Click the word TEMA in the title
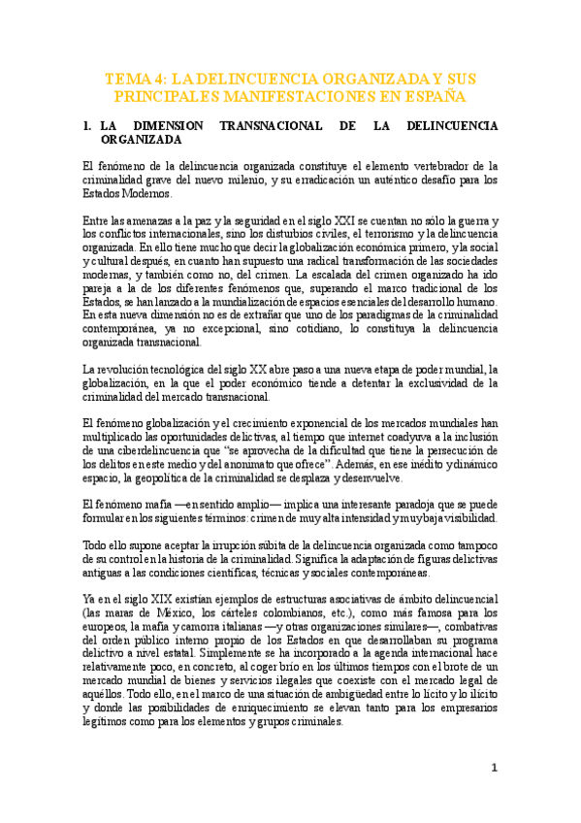pyautogui.click(x=126, y=78)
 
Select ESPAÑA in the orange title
pyautogui.click(x=434, y=97)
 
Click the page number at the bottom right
pyautogui.click(x=494, y=767)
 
